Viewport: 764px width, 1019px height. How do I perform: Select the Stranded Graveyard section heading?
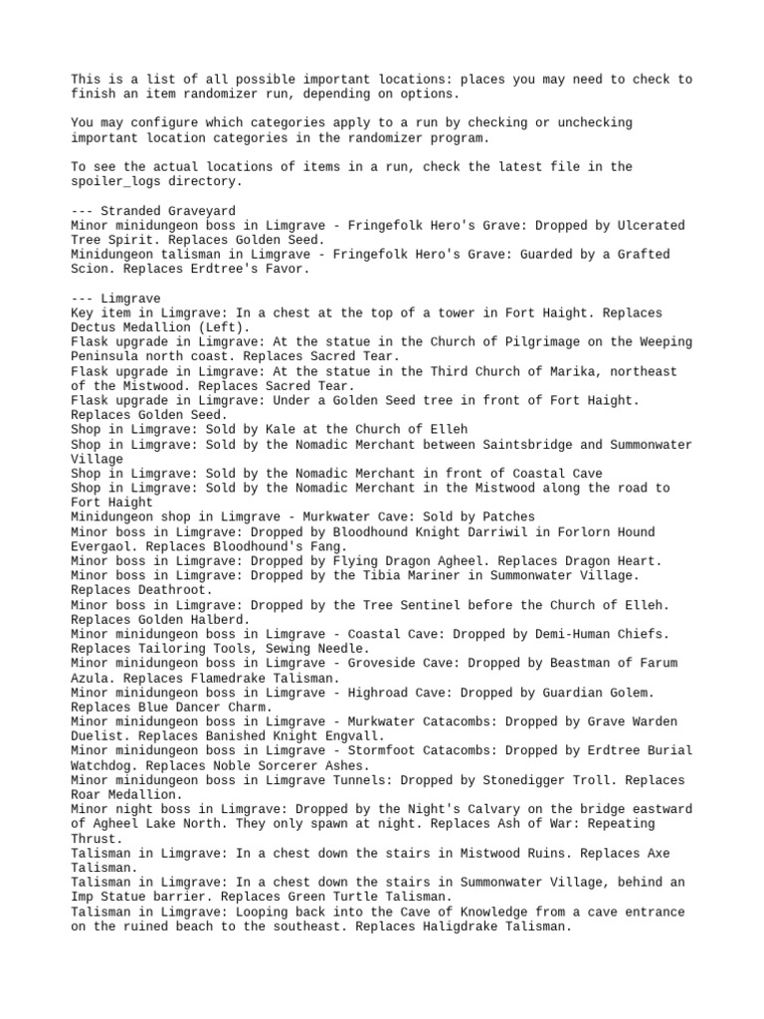tap(153, 211)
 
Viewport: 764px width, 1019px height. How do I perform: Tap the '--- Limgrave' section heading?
tap(116, 299)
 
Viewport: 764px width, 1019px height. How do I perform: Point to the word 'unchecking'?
tap(593, 122)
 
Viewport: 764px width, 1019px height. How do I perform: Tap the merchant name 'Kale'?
tap(289, 429)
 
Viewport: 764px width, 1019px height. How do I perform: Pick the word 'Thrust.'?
tap(95, 838)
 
